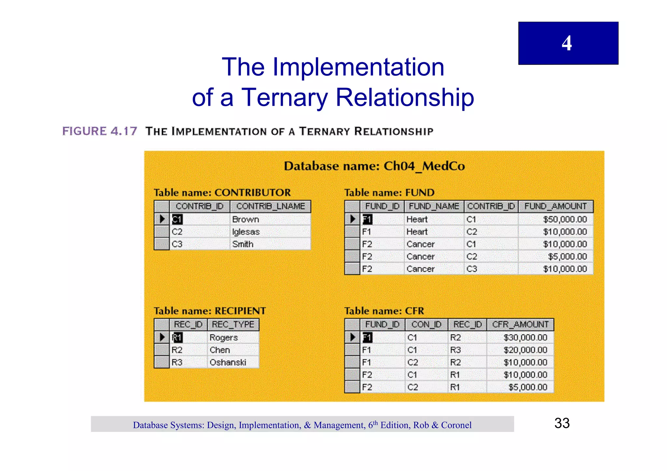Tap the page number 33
point(562,423)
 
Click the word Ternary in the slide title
point(284,97)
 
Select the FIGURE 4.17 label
point(100,131)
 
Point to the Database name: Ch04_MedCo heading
point(374,166)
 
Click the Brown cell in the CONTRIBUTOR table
point(246,219)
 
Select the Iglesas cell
point(246,232)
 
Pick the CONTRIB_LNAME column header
point(270,206)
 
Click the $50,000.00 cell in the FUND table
point(565,219)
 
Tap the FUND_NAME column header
point(434,206)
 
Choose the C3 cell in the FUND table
point(472,269)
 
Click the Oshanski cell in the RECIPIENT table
point(228,362)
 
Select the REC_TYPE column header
point(233,325)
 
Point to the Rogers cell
point(224,338)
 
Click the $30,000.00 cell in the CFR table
point(525,338)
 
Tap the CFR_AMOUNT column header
point(520,325)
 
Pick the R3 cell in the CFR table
point(455,350)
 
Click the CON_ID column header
point(426,325)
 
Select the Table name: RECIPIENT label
point(210,311)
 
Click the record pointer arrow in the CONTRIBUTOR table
point(162,219)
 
